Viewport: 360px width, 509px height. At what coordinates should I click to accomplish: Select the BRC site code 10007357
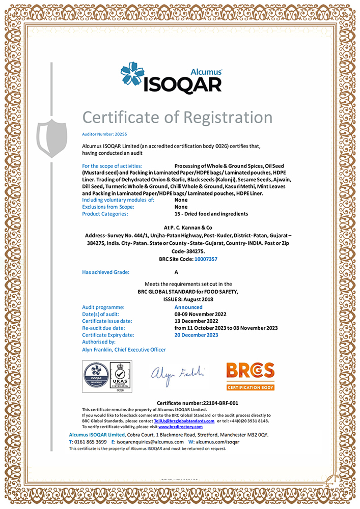click(206, 259)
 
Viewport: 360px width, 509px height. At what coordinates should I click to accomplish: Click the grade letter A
click(176, 272)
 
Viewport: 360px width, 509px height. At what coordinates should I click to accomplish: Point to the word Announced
click(188, 307)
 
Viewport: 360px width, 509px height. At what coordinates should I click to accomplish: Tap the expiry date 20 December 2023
click(196, 335)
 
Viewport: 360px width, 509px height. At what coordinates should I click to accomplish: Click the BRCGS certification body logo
click(250, 376)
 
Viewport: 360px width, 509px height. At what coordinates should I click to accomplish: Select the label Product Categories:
click(105, 214)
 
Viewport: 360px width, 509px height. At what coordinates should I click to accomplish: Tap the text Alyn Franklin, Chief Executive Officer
click(124, 350)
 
